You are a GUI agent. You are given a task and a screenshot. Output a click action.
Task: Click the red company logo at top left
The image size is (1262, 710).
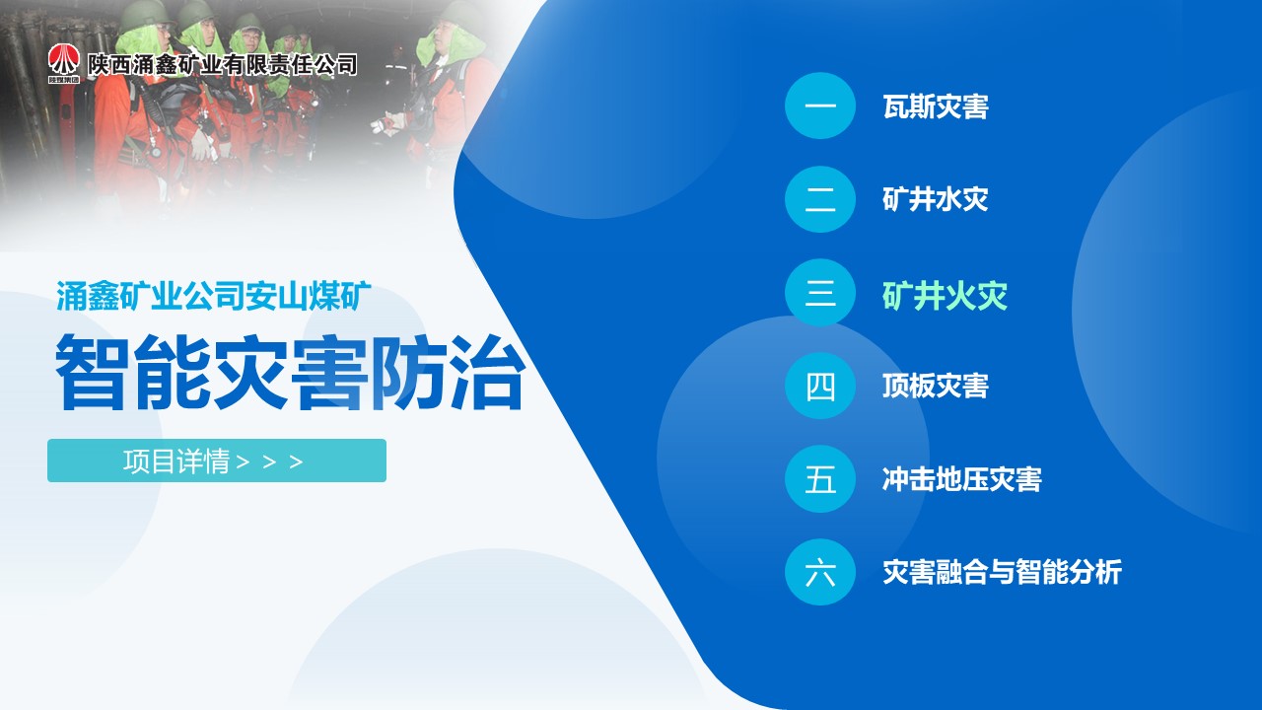[x=64, y=64]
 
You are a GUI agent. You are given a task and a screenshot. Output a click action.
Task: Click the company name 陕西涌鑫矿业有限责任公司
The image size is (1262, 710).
[x=222, y=65]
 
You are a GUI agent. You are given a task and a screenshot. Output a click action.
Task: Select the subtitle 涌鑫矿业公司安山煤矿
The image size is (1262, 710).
[x=214, y=296]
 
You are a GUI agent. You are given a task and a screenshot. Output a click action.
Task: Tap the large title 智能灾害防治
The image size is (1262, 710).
[x=291, y=372]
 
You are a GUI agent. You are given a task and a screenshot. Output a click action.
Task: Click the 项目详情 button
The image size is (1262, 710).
[x=217, y=461]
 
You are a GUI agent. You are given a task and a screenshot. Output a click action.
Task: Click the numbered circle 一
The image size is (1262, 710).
[x=820, y=106]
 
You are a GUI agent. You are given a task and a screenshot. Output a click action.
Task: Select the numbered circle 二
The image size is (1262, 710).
[x=820, y=199]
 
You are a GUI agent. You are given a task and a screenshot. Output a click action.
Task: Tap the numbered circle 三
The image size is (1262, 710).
[x=820, y=293]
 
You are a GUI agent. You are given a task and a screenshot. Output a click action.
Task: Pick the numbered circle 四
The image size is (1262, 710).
[x=820, y=386]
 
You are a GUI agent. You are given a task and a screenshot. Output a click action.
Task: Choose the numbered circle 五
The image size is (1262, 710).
[x=820, y=479]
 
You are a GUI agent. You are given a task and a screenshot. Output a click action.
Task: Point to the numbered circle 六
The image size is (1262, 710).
[x=820, y=573]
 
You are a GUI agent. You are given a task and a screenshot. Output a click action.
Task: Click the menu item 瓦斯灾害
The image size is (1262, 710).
[x=936, y=106]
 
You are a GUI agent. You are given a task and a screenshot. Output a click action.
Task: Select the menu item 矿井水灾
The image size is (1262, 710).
[x=936, y=199]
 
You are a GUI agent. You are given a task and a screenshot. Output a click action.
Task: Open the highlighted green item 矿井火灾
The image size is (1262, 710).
[x=945, y=296]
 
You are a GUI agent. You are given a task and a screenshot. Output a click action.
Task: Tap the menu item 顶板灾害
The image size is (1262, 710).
[x=936, y=386]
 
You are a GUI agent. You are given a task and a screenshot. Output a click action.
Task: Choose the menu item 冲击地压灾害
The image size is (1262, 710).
[x=962, y=479]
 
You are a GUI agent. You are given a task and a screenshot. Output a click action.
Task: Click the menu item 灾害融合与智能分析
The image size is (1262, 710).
[x=1003, y=573]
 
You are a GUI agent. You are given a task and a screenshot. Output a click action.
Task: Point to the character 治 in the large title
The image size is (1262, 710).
[x=488, y=372]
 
